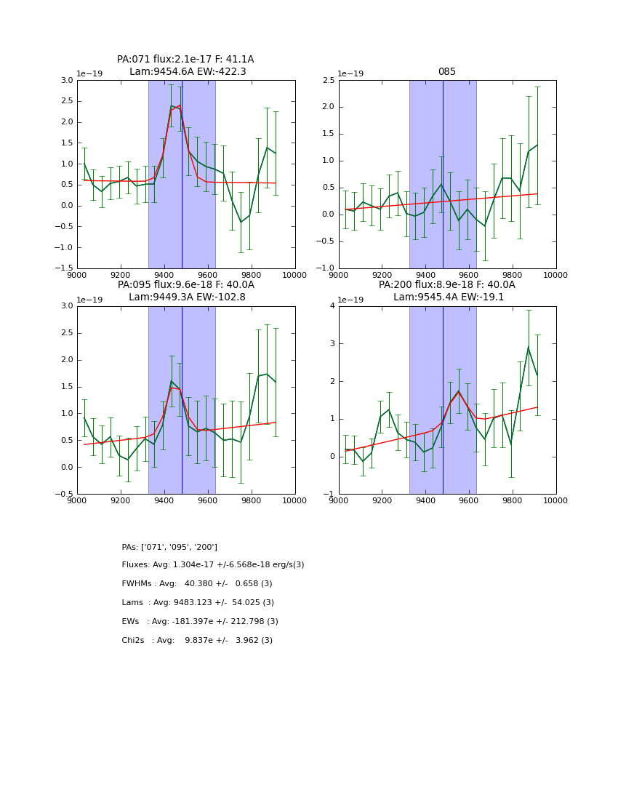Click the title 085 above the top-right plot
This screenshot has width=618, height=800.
(x=446, y=72)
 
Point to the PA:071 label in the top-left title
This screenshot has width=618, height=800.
(x=133, y=60)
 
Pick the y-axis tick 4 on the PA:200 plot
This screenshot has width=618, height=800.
(x=332, y=306)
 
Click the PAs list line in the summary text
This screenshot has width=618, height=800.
(x=169, y=547)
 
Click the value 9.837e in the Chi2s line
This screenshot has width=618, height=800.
(x=201, y=641)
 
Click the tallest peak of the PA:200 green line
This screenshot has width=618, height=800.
(x=529, y=347)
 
